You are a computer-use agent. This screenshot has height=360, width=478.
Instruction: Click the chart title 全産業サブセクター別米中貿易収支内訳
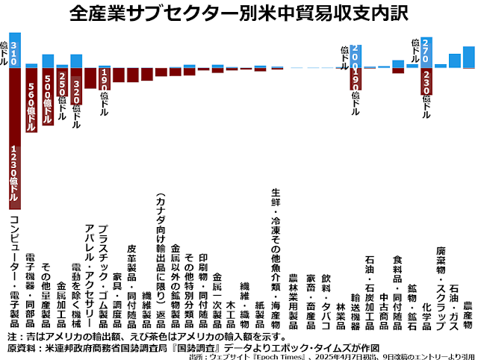239,13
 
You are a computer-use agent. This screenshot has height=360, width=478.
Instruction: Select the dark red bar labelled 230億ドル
426,82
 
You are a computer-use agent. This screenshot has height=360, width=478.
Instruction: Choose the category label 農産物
468,314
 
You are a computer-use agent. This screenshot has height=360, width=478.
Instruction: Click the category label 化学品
426,314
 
